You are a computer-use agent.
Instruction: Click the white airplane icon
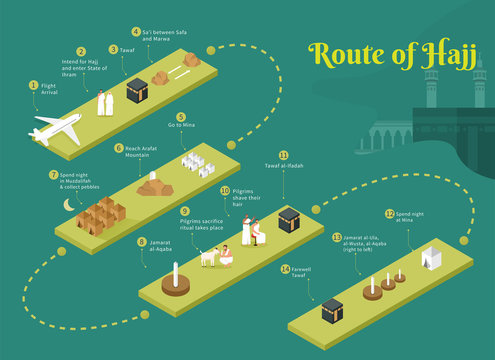(x=56, y=129)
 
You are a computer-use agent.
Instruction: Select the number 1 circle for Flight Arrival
(x=33, y=86)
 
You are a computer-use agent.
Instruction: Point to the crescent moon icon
(x=68, y=205)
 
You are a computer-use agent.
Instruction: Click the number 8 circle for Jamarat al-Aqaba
(x=141, y=241)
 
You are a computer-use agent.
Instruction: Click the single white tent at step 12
(x=430, y=257)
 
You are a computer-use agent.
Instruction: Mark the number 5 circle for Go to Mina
(x=181, y=116)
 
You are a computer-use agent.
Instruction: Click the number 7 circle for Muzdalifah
(x=53, y=174)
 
